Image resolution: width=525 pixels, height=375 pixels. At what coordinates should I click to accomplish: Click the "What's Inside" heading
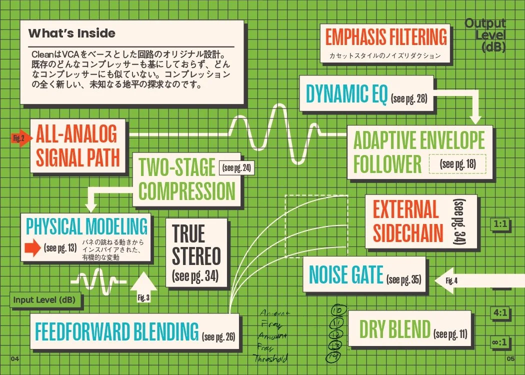click(72, 33)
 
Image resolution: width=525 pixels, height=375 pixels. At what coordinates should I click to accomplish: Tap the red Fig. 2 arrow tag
click(18, 138)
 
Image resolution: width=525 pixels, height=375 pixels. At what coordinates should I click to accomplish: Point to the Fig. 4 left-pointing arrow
click(451, 280)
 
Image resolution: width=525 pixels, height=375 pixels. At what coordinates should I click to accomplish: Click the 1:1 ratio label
click(500, 224)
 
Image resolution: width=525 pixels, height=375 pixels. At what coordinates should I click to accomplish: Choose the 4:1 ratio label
click(500, 313)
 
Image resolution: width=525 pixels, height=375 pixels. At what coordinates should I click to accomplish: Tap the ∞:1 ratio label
click(500, 343)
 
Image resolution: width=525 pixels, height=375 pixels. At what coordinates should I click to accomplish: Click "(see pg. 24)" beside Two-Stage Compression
click(236, 167)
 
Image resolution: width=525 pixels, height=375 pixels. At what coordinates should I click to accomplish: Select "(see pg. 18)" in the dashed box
click(457, 164)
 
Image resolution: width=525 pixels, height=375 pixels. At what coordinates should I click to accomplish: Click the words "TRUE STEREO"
click(196, 245)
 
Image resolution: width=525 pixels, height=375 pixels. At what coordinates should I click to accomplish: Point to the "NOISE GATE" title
click(346, 275)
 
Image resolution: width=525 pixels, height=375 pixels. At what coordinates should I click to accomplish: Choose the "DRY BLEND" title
click(394, 329)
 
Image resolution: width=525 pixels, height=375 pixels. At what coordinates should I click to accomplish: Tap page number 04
click(14, 358)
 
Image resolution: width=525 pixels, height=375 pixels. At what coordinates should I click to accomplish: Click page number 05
click(510, 358)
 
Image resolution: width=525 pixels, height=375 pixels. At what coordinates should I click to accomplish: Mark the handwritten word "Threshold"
click(270, 358)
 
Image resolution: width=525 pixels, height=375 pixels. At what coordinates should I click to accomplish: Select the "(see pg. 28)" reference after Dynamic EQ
click(409, 98)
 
